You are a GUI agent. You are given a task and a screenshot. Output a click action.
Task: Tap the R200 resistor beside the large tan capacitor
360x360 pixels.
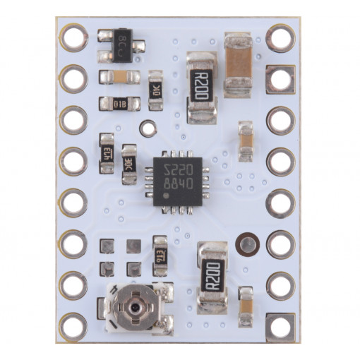[x=202, y=88]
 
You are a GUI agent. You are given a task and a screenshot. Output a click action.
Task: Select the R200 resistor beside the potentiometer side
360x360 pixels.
[x=212, y=276]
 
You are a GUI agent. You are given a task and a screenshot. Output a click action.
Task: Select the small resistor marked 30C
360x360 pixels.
[x=129, y=164]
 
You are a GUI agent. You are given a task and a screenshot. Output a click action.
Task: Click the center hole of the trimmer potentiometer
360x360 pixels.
[x=135, y=308]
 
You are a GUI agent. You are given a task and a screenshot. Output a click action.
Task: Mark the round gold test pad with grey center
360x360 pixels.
[x=247, y=244]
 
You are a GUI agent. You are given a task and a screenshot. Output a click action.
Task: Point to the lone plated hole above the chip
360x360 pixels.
[x=147, y=129]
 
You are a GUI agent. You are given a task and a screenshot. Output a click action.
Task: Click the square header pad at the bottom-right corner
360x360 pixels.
[x=280, y=326]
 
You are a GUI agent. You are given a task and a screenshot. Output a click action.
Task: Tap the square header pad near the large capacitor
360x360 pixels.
[x=280, y=78]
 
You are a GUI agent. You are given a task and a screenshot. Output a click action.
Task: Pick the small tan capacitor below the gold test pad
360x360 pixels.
[x=246, y=306]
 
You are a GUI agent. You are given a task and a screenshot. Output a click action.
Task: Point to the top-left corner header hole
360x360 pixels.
[x=73, y=37]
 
